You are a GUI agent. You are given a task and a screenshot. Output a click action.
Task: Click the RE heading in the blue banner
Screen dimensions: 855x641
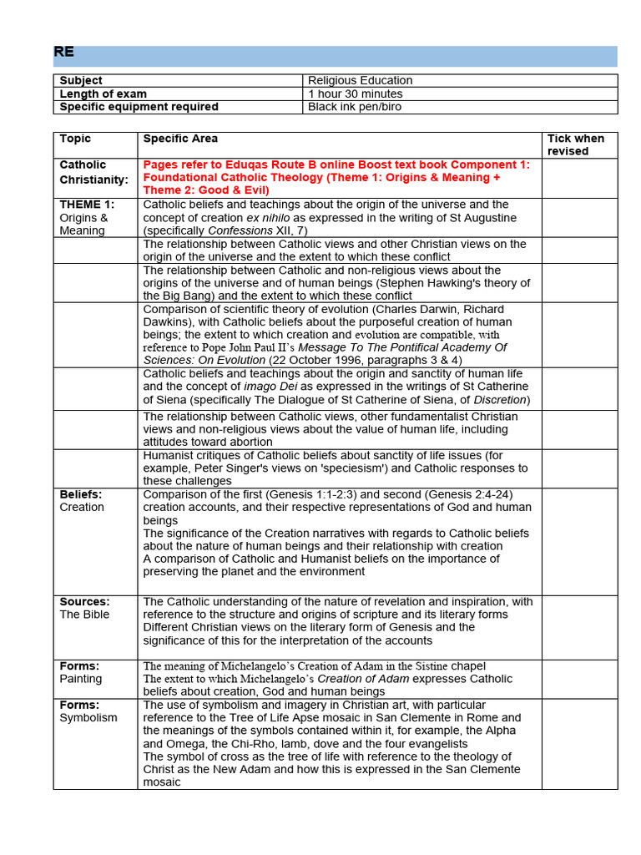tap(64, 52)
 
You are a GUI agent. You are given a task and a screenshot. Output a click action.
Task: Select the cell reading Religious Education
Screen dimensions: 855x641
tap(360, 80)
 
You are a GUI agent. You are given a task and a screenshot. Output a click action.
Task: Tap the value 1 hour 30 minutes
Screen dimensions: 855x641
tap(355, 94)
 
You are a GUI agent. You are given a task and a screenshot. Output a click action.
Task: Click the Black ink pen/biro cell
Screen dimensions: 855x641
tap(354, 107)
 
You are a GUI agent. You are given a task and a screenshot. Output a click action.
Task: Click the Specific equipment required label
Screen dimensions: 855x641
tap(139, 107)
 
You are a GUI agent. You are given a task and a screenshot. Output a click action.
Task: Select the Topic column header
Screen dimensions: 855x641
tap(75, 139)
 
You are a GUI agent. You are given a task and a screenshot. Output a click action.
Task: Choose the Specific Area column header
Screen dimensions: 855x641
tap(180, 139)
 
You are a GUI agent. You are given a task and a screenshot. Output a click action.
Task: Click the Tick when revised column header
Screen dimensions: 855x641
tap(575, 144)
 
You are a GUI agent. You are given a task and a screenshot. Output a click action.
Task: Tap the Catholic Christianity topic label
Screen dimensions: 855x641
tap(93, 172)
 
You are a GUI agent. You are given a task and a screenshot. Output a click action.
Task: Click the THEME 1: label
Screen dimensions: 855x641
tap(87, 205)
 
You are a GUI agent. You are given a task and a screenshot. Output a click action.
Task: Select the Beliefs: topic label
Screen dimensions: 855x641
tap(80, 494)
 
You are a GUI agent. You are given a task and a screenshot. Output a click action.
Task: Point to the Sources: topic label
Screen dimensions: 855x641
tap(84, 601)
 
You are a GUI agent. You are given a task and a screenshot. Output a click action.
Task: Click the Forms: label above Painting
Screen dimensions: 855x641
tap(79, 666)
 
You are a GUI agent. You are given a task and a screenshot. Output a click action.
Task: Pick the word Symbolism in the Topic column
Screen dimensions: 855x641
tap(88, 718)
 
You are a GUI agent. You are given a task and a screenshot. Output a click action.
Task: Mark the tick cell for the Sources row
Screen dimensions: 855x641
tap(579, 626)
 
